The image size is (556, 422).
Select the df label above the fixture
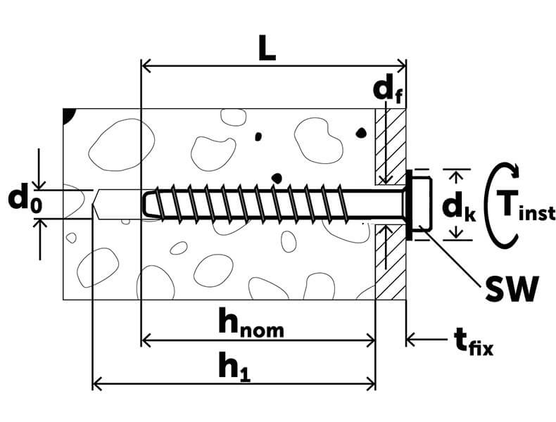(387, 91)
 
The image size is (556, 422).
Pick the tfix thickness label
(470, 343)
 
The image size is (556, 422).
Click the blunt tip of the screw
(145, 204)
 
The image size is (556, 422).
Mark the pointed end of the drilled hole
(96, 204)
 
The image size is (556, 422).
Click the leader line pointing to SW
(457, 261)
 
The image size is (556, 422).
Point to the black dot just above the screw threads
(277, 177)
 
